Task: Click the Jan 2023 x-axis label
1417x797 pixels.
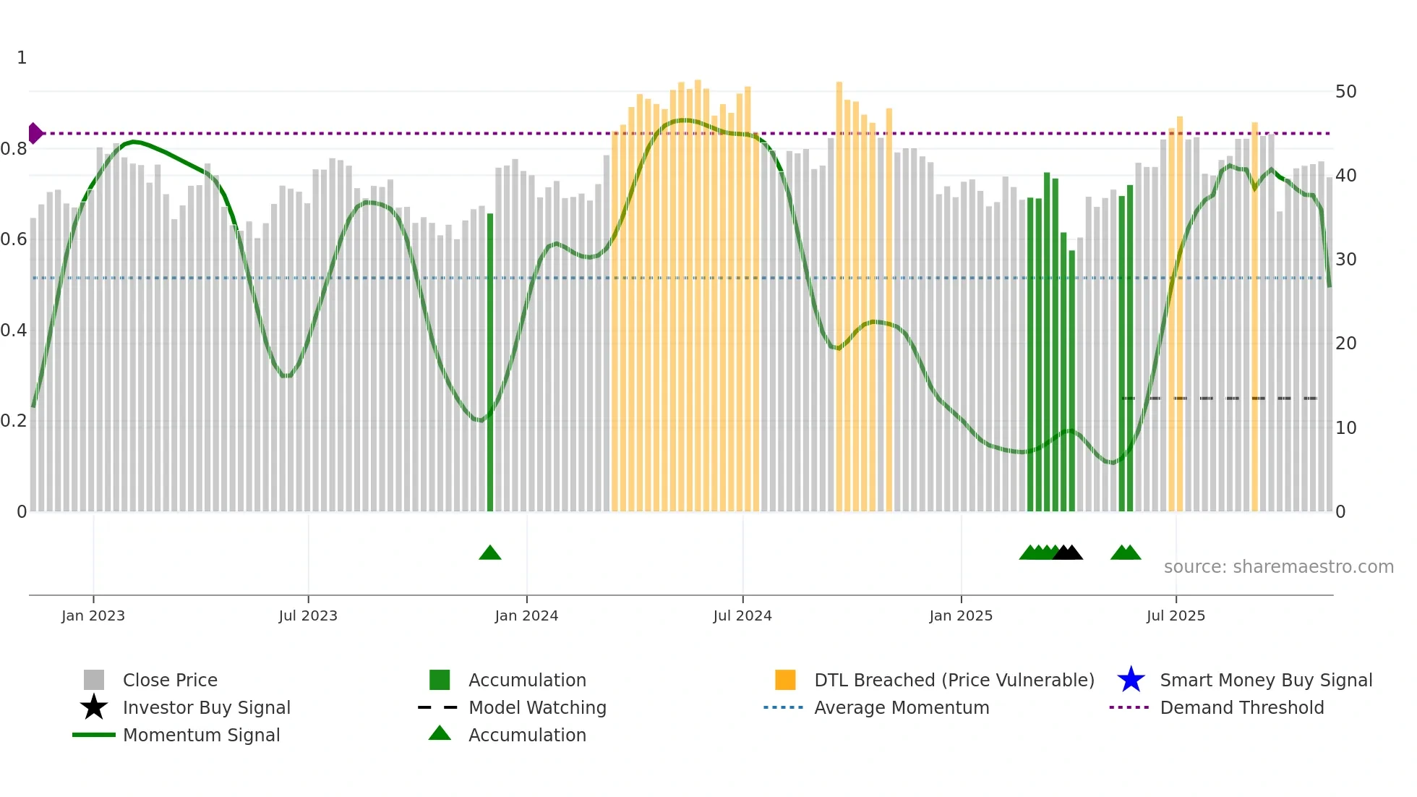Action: [93, 615]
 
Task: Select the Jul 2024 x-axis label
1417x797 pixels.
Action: [742, 615]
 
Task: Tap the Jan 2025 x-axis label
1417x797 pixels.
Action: [961, 615]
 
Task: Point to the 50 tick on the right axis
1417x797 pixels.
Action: [1345, 92]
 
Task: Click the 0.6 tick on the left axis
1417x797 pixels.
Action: [14, 239]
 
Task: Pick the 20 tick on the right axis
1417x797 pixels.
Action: [1345, 344]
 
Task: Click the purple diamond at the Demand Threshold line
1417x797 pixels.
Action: [35, 133]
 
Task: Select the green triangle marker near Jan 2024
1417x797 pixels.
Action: [490, 553]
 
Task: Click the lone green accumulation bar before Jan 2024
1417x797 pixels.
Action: [490, 362]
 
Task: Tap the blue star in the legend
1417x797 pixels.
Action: [1131, 680]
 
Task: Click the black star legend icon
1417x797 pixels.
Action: [94, 707]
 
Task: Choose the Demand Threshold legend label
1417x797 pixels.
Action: [1241, 707]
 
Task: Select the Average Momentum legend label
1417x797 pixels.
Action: [902, 707]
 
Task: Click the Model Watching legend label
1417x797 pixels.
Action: [537, 707]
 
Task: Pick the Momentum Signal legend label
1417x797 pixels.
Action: [201, 735]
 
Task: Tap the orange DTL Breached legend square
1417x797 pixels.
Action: [785, 680]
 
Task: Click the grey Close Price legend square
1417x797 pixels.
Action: [94, 680]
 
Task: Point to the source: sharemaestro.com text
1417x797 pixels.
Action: [1278, 567]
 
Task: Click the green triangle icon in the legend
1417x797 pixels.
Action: [440, 733]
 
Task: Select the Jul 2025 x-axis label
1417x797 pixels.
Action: [1176, 615]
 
